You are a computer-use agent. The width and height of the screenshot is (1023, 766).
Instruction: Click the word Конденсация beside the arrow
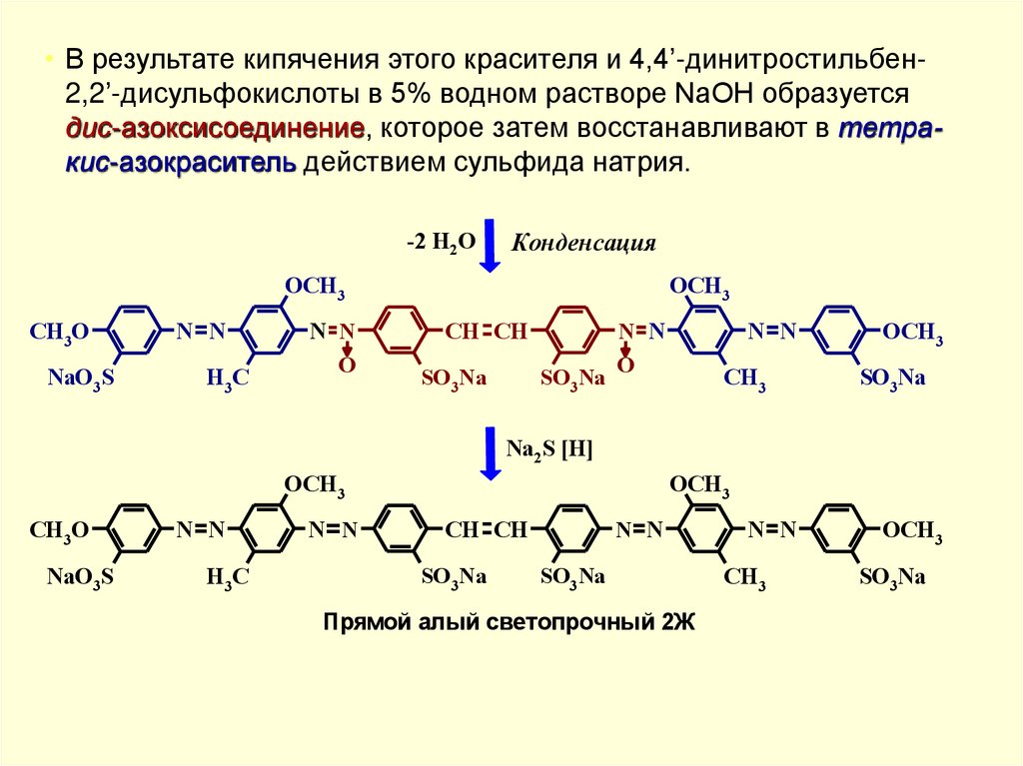click(583, 244)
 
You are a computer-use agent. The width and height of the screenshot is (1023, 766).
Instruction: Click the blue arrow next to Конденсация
click(489, 245)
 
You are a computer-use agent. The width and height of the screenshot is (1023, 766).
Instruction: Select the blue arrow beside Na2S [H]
click(489, 450)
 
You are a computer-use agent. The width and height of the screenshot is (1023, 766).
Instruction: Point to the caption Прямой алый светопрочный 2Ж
click(509, 622)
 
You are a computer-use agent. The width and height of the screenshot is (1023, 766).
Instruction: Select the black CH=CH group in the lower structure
click(486, 530)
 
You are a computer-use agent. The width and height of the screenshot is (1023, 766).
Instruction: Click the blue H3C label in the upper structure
click(227, 378)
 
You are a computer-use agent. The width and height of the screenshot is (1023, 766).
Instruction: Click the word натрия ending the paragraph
click(650, 163)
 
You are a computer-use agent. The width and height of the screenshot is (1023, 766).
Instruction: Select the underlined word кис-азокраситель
click(180, 163)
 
